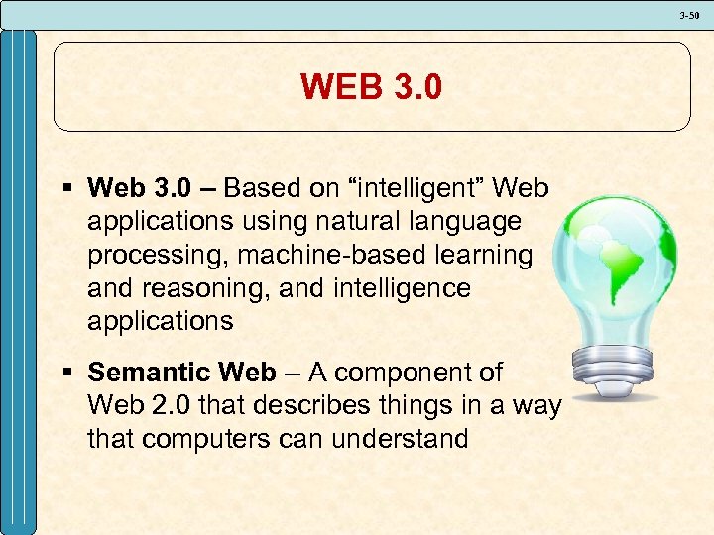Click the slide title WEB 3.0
tap(372, 87)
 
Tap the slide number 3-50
tap(689, 15)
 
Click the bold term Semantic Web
tap(181, 373)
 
